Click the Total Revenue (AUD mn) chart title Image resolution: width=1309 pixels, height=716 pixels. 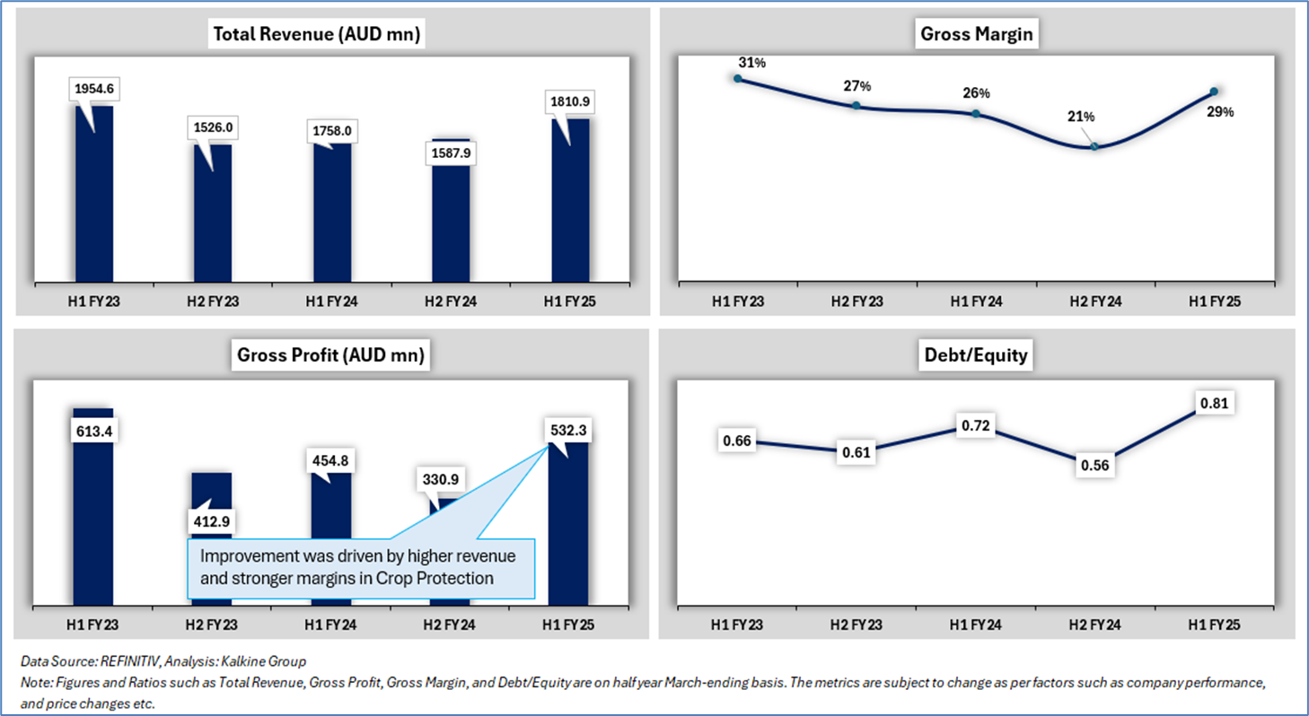tap(316, 35)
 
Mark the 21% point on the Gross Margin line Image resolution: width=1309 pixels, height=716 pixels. tap(1094, 146)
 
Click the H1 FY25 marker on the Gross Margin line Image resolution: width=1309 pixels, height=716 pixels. tap(1214, 92)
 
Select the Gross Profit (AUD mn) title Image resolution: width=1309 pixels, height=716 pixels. tap(329, 355)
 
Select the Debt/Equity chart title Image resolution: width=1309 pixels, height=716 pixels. tap(975, 355)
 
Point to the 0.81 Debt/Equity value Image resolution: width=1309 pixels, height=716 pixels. tap(1214, 404)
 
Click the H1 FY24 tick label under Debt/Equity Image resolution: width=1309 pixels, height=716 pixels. tap(975, 624)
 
